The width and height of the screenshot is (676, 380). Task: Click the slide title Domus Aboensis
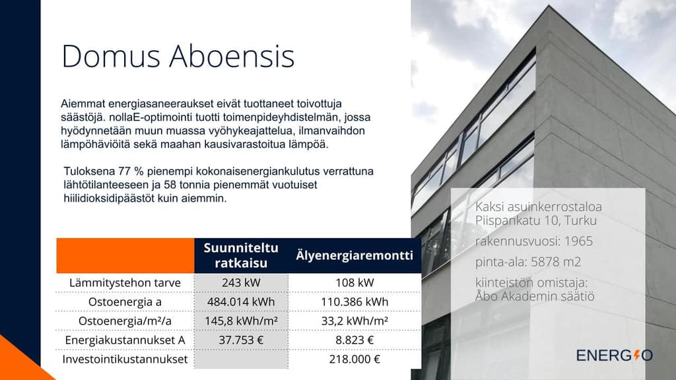(178, 56)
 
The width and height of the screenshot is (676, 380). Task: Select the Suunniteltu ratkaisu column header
(241, 255)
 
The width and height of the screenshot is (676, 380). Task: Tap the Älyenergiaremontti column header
(355, 255)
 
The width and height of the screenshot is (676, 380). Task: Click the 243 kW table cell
(241, 282)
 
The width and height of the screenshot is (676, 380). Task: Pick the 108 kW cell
(355, 282)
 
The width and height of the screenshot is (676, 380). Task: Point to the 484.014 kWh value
(241, 301)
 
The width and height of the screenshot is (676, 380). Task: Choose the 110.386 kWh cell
(355, 301)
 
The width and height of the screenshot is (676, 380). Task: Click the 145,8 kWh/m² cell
(241, 321)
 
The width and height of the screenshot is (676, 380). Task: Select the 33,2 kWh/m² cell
(355, 321)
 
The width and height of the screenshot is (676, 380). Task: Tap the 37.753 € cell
(241, 340)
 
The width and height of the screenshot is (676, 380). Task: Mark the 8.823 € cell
(355, 340)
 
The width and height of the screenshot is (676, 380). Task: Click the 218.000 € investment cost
(355, 359)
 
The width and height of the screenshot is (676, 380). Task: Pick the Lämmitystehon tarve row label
(125, 282)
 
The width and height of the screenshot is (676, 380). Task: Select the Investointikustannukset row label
(125, 359)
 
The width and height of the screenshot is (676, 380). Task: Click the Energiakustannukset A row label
(125, 340)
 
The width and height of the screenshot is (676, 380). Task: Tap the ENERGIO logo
(615, 356)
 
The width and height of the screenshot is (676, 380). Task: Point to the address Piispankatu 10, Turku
(536, 220)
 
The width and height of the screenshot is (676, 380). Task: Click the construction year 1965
(578, 241)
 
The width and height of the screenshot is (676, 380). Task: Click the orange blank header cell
(125, 255)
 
